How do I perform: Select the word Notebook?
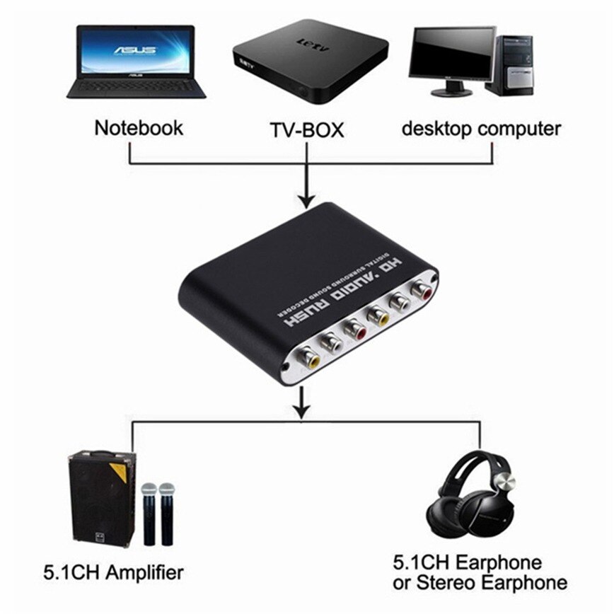click(x=139, y=128)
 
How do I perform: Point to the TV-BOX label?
click(x=306, y=130)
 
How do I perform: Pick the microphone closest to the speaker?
click(x=149, y=512)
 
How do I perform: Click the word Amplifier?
click(x=139, y=572)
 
